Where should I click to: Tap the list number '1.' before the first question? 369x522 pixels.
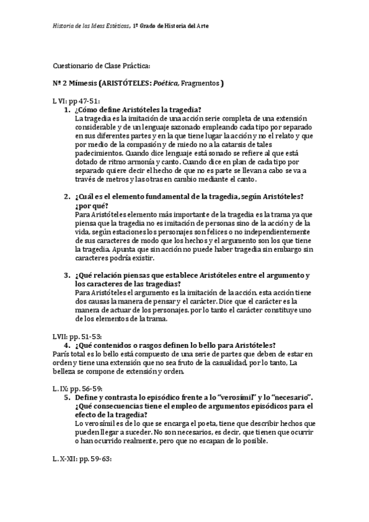tap(68, 109)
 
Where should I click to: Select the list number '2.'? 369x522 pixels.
tap(68, 196)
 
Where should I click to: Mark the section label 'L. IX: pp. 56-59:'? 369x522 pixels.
tap(78, 388)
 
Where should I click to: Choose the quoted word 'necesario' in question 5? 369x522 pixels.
tap(280, 398)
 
